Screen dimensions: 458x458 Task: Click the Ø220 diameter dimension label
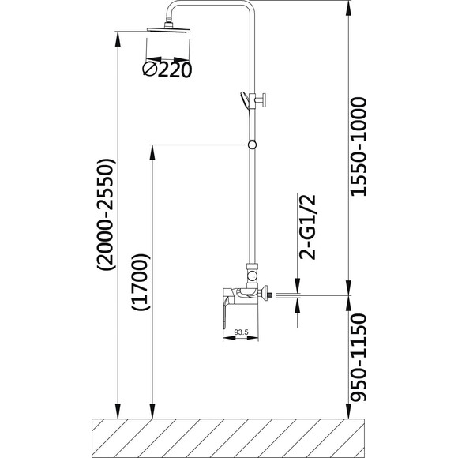point(167,69)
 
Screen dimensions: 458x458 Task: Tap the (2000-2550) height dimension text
point(107,215)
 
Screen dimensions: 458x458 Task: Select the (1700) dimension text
point(141,282)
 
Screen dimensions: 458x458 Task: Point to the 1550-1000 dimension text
point(358,147)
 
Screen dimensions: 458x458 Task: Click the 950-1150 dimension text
point(358,357)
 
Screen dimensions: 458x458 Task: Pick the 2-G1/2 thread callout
point(307,227)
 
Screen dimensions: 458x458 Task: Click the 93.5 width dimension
point(241,332)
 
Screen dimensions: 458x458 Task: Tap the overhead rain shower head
point(168,29)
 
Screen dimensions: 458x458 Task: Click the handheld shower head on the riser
point(244,100)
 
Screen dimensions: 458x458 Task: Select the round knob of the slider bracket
point(265,100)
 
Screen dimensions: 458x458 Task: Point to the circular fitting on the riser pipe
point(252,145)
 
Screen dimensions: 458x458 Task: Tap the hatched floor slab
point(228,438)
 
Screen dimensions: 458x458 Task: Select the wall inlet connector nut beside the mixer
point(266,294)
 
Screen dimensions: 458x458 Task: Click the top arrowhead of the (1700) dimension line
point(152,152)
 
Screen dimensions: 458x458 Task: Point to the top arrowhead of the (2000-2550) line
point(118,39)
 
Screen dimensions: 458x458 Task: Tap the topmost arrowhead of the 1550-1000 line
point(348,8)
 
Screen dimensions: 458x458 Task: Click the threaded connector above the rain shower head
point(168,24)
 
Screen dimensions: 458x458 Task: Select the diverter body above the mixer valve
point(252,276)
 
